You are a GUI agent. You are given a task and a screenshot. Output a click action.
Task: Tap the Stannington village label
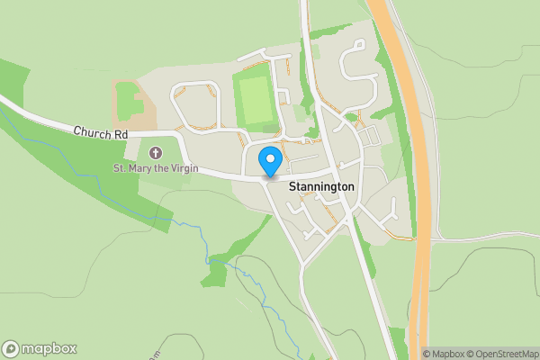[x=321, y=187]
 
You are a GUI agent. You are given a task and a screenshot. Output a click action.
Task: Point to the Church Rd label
[x=102, y=133]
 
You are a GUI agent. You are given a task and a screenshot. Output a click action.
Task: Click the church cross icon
[x=156, y=153]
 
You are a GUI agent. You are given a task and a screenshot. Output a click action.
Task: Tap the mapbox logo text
[x=49, y=349]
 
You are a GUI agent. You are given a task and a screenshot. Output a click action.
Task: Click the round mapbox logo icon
[x=11, y=349]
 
